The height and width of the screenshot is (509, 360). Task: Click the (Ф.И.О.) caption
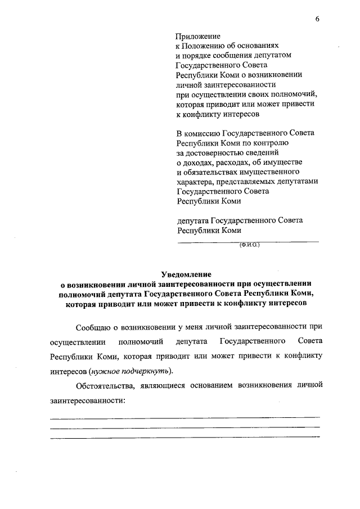click(x=249, y=245)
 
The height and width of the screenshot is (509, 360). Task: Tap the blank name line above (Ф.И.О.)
click(x=248, y=241)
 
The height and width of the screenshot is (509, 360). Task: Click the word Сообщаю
click(x=93, y=327)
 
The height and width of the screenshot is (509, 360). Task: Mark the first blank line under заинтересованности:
click(x=185, y=418)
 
